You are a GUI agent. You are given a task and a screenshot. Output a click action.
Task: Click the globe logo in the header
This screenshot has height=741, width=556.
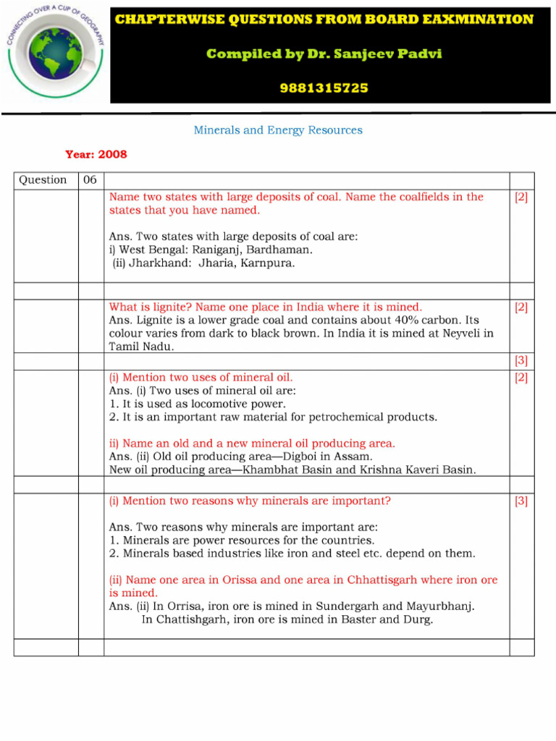pyautogui.click(x=54, y=54)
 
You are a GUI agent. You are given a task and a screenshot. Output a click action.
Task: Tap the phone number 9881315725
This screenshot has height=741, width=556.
pyautogui.click(x=324, y=88)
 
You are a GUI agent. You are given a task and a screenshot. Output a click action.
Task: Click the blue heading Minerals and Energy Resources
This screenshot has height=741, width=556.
pyautogui.click(x=278, y=130)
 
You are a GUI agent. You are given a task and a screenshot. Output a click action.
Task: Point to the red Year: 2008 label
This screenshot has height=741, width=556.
pyautogui.click(x=96, y=154)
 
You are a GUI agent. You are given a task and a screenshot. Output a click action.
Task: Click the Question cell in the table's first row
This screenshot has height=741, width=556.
pyautogui.click(x=43, y=180)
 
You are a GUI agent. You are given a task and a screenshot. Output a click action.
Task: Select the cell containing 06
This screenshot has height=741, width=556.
pyautogui.click(x=90, y=180)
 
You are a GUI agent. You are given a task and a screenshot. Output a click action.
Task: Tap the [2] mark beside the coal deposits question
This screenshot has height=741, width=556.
pyautogui.click(x=521, y=198)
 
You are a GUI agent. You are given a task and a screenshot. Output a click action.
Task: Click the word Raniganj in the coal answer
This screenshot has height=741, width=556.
pyautogui.click(x=218, y=250)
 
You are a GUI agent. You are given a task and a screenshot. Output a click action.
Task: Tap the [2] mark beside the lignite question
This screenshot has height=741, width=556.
pyautogui.click(x=521, y=308)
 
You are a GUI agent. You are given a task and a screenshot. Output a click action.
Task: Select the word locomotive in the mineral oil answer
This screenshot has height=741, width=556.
pyautogui.click(x=218, y=404)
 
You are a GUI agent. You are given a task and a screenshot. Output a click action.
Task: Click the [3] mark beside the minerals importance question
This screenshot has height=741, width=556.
pyautogui.click(x=521, y=501)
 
